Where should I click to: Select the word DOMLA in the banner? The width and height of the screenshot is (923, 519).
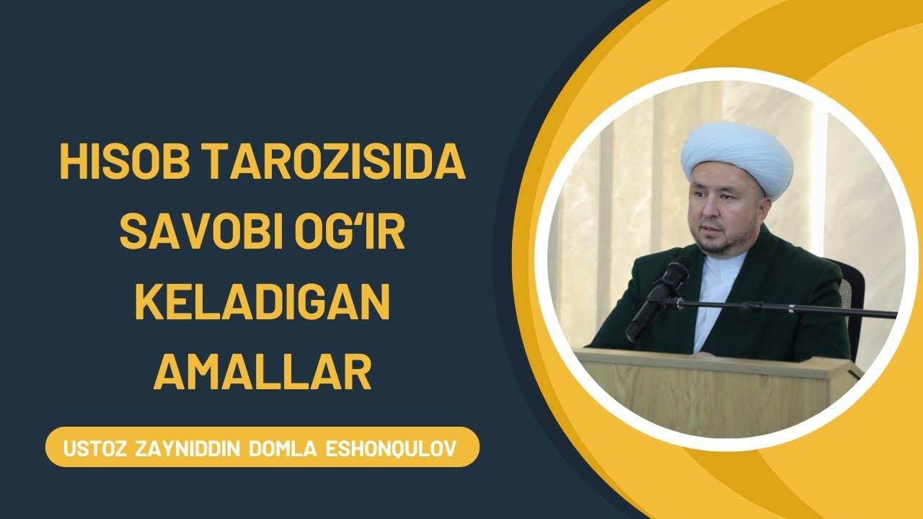[285, 448]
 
